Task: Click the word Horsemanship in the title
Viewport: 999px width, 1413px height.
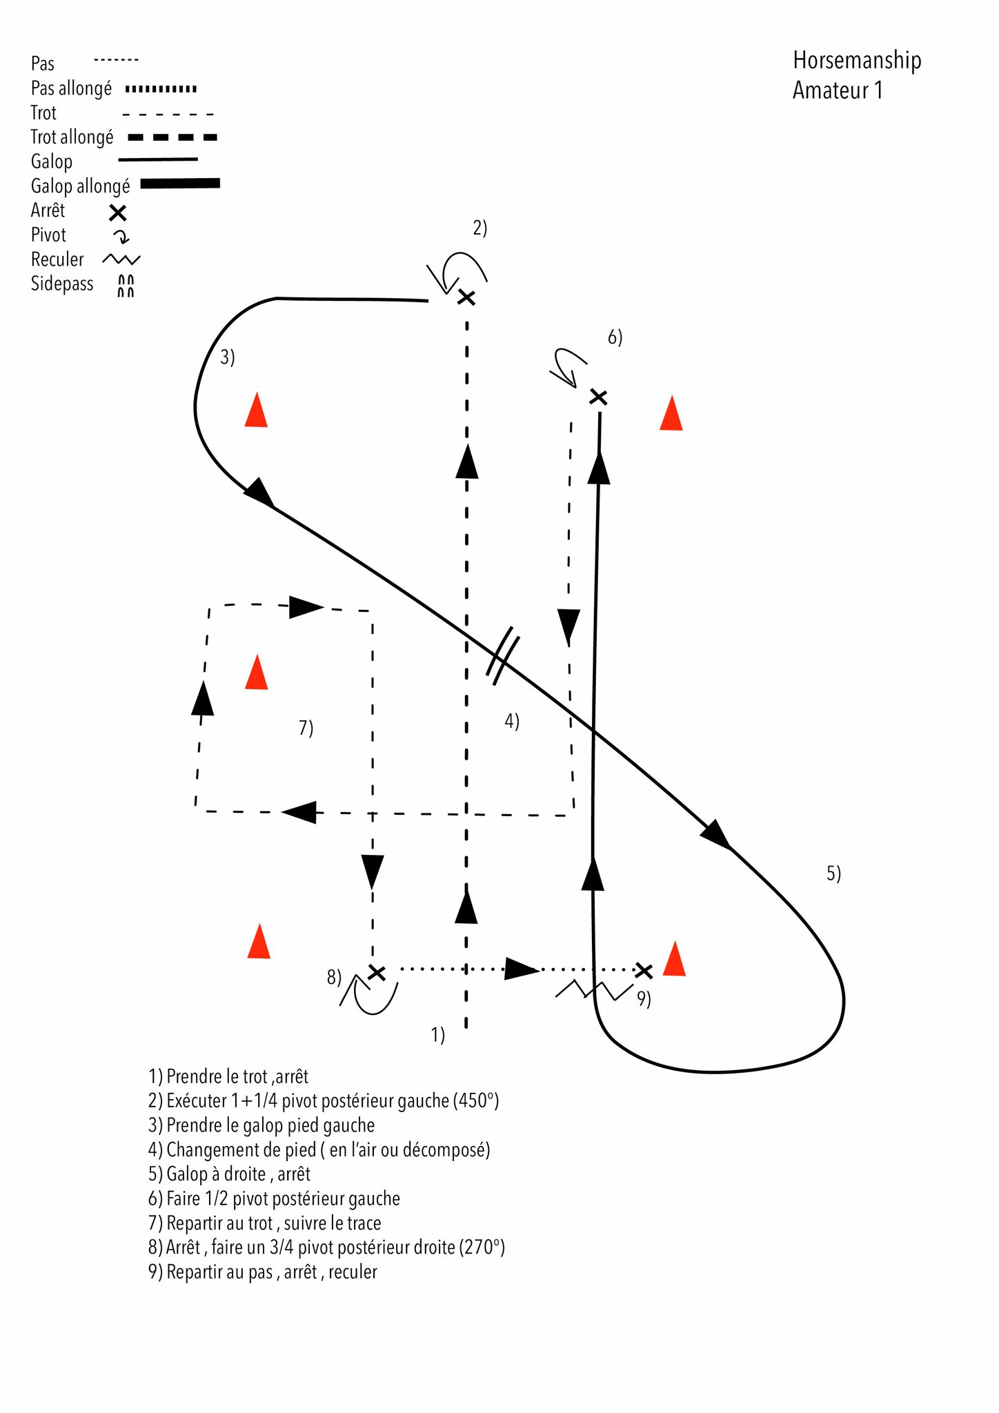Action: [x=857, y=61]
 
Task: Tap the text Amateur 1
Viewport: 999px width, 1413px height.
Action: [x=838, y=90]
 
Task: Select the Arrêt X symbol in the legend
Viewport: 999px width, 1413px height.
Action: [x=118, y=213]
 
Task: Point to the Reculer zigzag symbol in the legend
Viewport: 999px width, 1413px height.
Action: [x=121, y=259]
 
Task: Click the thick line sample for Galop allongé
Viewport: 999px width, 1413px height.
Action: [x=180, y=184]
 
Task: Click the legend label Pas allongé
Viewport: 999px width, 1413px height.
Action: [x=71, y=88]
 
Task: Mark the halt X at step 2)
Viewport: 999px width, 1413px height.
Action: [x=467, y=297]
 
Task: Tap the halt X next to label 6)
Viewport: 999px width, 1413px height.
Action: [x=598, y=397]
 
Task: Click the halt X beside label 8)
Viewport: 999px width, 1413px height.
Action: [x=376, y=972]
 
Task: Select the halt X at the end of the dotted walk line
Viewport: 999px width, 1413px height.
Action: [x=643, y=970]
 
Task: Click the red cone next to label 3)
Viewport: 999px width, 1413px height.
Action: [x=256, y=411]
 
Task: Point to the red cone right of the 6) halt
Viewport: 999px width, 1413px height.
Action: [x=671, y=414]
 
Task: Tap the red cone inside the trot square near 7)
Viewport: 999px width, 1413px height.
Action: [x=257, y=673]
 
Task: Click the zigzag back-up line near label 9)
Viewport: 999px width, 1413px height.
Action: [x=593, y=990]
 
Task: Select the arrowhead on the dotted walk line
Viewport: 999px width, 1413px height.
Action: [x=522, y=969]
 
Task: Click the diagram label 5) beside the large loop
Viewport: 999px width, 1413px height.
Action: [x=833, y=873]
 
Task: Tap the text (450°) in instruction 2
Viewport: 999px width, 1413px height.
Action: [x=476, y=1100]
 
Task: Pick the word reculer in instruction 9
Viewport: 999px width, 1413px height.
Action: [x=353, y=1272]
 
